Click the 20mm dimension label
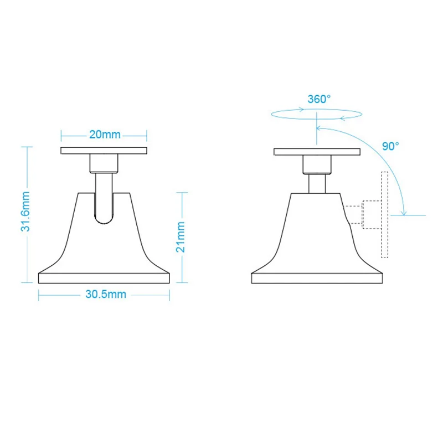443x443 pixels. coord(104,135)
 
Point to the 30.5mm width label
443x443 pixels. coord(106,295)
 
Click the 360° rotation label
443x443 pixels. coord(319,99)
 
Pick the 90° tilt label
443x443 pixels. coord(390,147)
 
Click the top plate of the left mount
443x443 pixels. coord(104,151)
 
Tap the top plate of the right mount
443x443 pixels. coord(317,151)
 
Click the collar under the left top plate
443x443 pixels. coord(104,164)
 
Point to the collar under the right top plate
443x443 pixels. coord(317,164)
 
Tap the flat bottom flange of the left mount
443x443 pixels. coord(104,277)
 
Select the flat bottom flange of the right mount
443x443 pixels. coord(317,278)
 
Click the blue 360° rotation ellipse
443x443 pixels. coord(316,114)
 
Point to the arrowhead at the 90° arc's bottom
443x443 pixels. coord(405,213)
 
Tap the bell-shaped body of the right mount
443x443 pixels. coord(317,233)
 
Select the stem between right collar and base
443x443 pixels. coord(317,183)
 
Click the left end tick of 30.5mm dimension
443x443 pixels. coord(39,295)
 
